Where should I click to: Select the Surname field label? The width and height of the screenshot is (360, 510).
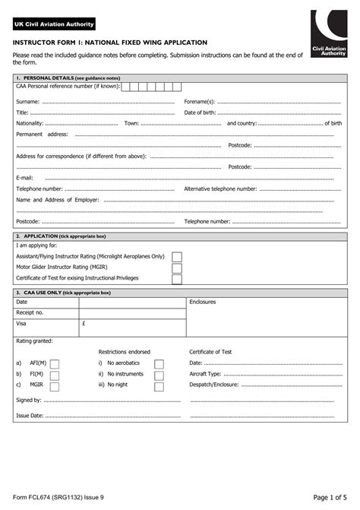[x=28, y=101]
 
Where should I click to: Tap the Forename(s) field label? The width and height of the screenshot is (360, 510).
[x=200, y=101]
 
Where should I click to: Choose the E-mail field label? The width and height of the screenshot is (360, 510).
[x=24, y=177]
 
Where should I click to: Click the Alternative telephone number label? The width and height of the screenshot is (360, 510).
[x=220, y=188]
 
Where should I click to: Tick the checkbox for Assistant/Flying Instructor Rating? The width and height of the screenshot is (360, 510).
[x=176, y=257]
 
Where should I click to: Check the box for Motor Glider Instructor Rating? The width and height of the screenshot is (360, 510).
[x=176, y=268]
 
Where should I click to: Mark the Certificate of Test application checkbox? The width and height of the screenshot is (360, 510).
[x=176, y=278]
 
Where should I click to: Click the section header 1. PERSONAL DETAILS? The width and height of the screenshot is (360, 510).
[x=68, y=78]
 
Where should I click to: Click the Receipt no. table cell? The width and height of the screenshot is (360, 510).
[x=30, y=312]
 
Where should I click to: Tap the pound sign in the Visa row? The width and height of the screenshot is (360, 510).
[x=83, y=323]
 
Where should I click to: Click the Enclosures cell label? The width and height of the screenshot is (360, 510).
[x=203, y=302]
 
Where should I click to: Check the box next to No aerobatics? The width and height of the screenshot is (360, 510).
[x=159, y=364]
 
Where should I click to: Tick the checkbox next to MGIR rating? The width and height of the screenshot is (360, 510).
[x=55, y=385]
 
